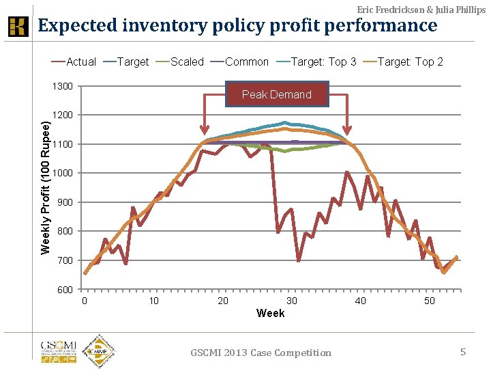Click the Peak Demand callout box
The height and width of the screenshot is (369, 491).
point(277,94)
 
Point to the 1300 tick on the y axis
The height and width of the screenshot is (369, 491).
point(63,86)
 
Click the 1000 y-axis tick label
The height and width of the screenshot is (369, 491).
point(63,173)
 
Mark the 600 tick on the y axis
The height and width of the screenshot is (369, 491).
point(65,290)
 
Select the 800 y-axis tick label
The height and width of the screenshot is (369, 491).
point(65,232)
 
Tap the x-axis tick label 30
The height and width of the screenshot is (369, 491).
point(292,301)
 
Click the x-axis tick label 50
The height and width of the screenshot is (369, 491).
point(430,301)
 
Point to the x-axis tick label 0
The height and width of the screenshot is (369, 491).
point(85,301)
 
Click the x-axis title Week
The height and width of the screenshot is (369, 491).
point(270,313)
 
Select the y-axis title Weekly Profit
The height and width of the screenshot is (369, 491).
point(46,187)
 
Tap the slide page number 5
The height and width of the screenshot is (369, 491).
point(463,352)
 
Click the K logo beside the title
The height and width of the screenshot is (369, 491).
point(18,27)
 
